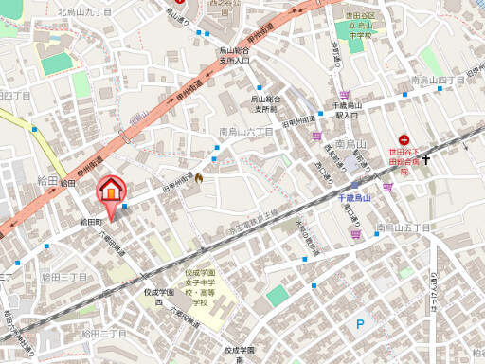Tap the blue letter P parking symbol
(359, 324)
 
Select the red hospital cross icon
(404, 138)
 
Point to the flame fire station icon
(199, 176)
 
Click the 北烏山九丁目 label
(84, 11)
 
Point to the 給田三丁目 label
(64, 277)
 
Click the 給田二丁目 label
(104, 333)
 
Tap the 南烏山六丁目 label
(246, 132)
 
